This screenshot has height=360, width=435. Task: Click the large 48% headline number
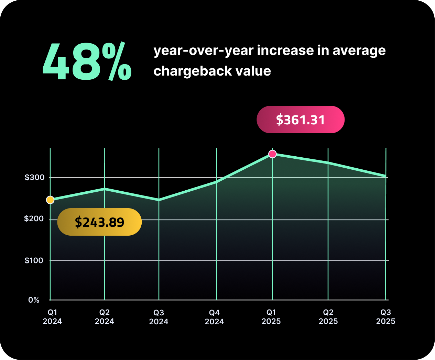pyautogui.click(x=87, y=62)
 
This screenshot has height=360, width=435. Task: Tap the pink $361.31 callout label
pyautogui.click(x=301, y=120)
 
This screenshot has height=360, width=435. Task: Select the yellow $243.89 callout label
pyautogui.click(x=99, y=222)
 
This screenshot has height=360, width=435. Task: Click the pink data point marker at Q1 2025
pyautogui.click(x=272, y=154)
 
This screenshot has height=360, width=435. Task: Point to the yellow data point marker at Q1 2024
pyautogui.click(x=50, y=200)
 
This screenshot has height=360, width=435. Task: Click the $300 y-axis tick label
pyautogui.click(x=34, y=178)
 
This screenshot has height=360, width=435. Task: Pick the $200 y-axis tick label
pyautogui.click(x=34, y=219)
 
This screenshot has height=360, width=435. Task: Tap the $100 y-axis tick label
pyautogui.click(x=34, y=260)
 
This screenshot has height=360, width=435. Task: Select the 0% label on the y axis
pyautogui.click(x=34, y=300)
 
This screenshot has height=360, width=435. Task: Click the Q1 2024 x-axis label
pyautogui.click(x=52, y=317)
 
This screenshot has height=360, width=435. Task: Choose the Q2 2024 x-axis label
pyautogui.click(x=105, y=317)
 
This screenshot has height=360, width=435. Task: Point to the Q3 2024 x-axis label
pyautogui.click(x=159, y=317)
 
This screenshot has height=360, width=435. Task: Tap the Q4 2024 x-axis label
pyautogui.click(x=214, y=317)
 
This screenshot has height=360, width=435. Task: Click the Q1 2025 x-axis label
pyautogui.click(x=271, y=317)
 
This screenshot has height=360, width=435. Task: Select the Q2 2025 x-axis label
pyautogui.click(x=328, y=317)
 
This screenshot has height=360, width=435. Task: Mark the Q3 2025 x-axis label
pyautogui.click(x=385, y=317)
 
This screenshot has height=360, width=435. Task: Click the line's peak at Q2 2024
pyautogui.click(x=105, y=189)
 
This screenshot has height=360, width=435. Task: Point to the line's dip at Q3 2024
pyautogui.click(x=159, y=200)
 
